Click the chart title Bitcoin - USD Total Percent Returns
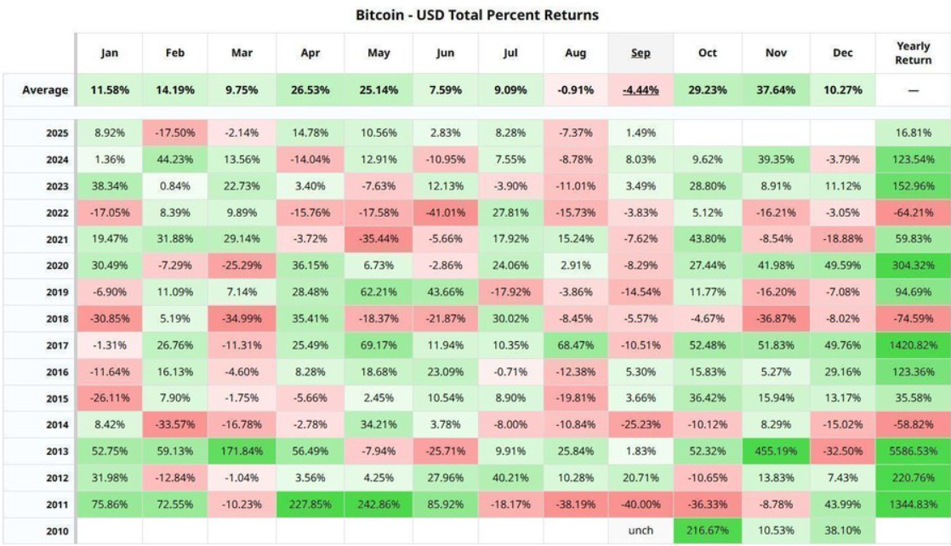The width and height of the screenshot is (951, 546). coord(475,15)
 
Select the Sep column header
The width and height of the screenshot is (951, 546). coord(641,53)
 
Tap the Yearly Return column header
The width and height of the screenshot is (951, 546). coord(913,53)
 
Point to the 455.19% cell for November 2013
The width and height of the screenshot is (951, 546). coord(775,451)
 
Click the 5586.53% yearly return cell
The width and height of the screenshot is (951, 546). coord(913,451)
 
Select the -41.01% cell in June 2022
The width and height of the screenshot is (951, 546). coord(446,212)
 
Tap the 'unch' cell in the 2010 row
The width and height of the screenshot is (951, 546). coord(641,530)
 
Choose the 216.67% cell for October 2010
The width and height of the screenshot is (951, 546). coord(707,530)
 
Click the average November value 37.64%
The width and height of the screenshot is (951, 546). coord(775,89)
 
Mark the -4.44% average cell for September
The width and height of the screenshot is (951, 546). coord(641,89)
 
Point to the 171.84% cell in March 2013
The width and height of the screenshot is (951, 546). coord(242,451)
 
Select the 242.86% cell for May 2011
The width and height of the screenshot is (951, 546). coord(379,503)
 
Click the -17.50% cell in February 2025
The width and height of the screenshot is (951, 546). coord(175,133)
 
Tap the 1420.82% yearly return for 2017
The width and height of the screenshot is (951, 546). coord(913,344)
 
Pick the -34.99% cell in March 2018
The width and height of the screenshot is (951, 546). coord(242,318)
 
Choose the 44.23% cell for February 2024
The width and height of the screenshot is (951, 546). coord(175,159)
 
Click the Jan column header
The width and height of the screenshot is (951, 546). coord(110,53)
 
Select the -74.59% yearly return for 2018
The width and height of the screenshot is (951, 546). coord(913,318)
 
